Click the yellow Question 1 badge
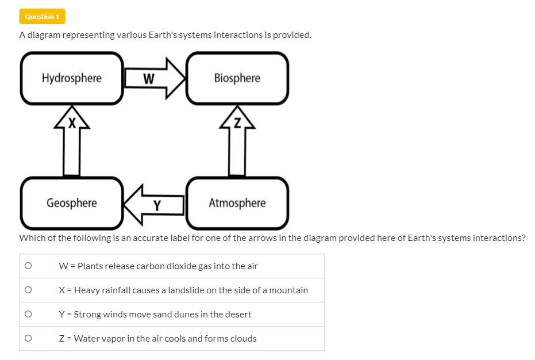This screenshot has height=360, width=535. [42, 17]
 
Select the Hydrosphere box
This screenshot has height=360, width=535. [72, 78]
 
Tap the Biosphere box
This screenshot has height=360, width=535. [237, 78]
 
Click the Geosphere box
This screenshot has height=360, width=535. [72, 203]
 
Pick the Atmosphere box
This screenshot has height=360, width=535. [237, 203]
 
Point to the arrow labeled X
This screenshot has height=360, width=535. [72, 141]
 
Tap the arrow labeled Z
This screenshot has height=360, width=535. [237, 141]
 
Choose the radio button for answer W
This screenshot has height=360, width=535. [27, 266]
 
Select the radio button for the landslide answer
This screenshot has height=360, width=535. [27, 290]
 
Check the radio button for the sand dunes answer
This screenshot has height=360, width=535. [27, 314]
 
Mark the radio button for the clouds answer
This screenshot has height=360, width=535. [27, 338]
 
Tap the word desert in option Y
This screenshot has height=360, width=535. [238, 315]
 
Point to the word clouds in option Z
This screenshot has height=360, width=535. [243, 339]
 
